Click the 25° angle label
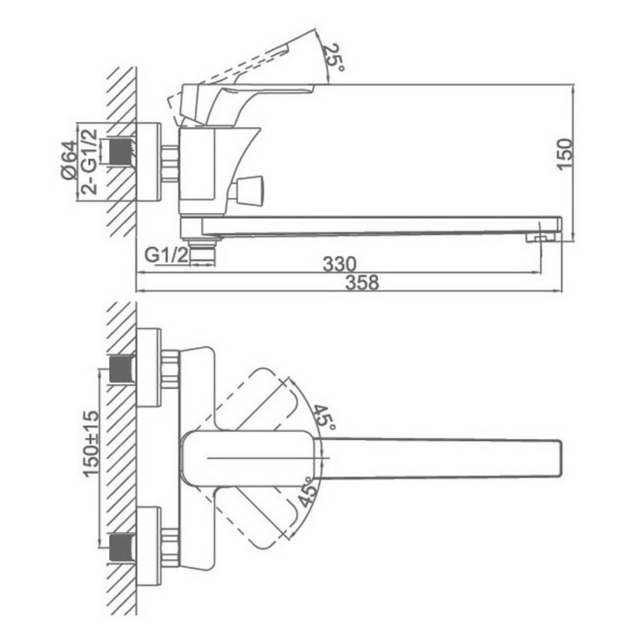click(x=334, y=57)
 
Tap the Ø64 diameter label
click(x=69, y=160)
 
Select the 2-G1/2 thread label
click(x=89, y=161)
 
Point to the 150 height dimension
click(x=565, y=154)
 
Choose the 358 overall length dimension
click(x=362, y=282)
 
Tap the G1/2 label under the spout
click(x=167, y=256)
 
